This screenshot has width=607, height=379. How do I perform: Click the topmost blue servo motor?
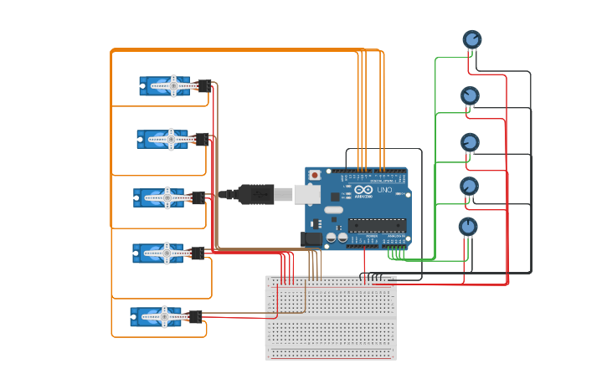click(165, 86)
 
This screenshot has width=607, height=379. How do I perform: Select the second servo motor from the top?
click(162, 139)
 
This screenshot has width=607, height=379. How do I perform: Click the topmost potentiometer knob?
click(472, 39)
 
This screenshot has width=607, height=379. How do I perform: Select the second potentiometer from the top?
click(470, 96)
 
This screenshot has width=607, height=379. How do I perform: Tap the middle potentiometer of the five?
click(470, 142)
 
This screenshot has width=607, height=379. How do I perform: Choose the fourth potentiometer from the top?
click(470, 186)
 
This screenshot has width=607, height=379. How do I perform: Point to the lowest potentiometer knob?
click(468, 227)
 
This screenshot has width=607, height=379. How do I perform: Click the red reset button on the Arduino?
click(315, 175)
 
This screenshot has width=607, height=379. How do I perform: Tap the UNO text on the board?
click(384, 190)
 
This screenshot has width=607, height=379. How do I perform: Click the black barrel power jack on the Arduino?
click(311, 238)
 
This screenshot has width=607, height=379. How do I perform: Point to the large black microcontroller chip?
click(377, 224)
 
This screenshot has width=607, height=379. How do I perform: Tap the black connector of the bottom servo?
click(194, 316)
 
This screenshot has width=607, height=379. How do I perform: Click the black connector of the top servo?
click(203, 85)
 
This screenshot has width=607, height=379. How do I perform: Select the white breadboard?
click(331, 317)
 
